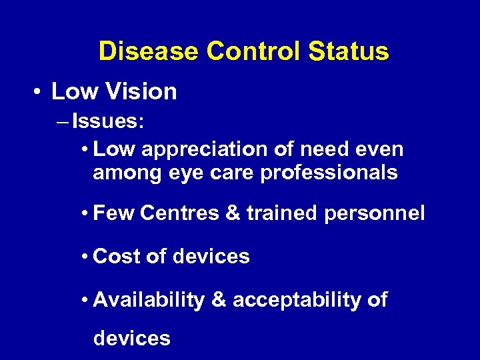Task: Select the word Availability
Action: pyautogui.click(x=149, y=300)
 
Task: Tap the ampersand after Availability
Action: pyautogui.click(x=218, y=300)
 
